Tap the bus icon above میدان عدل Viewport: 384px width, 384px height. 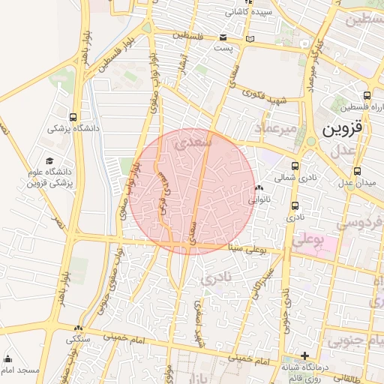[356, 171]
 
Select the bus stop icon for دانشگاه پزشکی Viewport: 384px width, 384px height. [72, 117]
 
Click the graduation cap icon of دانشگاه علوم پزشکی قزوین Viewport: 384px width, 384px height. [50, 160]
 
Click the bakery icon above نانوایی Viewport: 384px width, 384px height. [259, 188]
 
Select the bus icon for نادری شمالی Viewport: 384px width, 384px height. [294, 166]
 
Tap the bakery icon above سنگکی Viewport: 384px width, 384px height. [78, 328]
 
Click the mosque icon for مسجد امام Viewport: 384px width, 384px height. [8, 358]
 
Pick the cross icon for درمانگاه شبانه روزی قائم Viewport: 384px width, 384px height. [304, 355]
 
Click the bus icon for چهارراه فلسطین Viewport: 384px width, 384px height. [366, 95]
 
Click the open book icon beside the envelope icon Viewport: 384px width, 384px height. [250, 38]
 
